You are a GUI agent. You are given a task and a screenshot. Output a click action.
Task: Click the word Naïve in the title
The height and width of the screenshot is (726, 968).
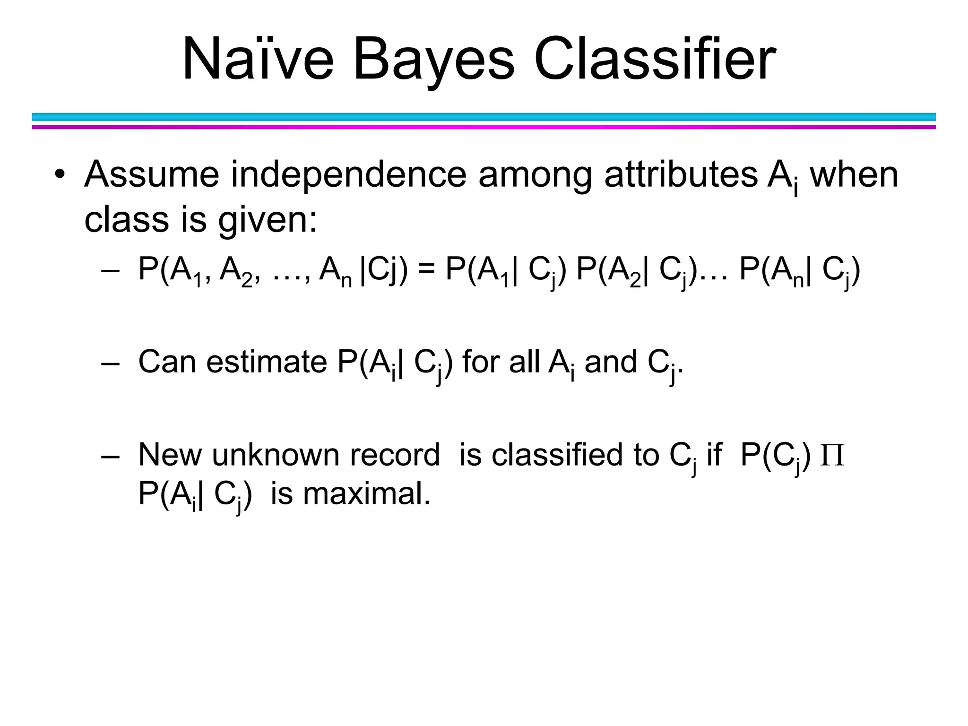click(258, 60)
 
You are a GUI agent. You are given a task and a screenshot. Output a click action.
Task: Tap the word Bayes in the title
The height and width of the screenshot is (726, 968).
click(433, 60)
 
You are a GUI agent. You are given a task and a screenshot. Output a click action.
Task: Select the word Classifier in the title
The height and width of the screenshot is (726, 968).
click(655, 60)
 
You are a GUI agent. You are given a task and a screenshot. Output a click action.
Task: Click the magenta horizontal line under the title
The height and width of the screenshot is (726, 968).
click(484, 127)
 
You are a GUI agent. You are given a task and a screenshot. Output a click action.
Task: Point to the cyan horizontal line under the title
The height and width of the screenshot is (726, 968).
click(484, 117)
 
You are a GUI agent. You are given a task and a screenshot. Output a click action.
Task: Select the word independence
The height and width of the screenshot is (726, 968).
click(348, 175)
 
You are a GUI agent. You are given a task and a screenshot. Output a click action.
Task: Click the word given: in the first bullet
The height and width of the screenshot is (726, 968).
click(268, 220)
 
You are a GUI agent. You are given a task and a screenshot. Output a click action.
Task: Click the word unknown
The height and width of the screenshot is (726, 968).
click(276, 455)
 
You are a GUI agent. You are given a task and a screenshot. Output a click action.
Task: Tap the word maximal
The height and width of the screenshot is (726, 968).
click(367, 494)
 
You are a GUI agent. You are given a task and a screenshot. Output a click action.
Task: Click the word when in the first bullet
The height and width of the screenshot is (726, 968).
click(854, 175)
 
